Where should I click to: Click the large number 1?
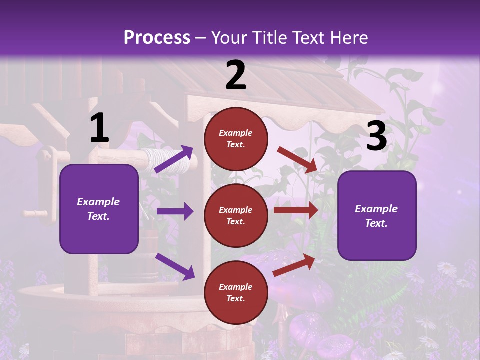[99, 128]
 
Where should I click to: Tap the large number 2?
[236, 76]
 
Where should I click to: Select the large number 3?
[376, 136]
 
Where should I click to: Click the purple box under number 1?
[99, 209]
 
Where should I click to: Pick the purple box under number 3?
[377, 215]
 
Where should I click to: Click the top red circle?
[236, 139]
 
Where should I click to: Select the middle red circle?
[236, 215]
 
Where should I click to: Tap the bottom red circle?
[236, 292]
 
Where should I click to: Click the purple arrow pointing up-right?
[174, 159]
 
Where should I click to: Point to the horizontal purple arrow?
[175, 211]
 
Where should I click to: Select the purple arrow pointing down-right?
[175, 266]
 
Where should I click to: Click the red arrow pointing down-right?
[297, 160]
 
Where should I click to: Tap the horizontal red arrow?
[295, 210]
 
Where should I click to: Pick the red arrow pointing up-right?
[294, 265]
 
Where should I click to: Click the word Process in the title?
[157, 38]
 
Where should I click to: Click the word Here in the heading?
[348, 38]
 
